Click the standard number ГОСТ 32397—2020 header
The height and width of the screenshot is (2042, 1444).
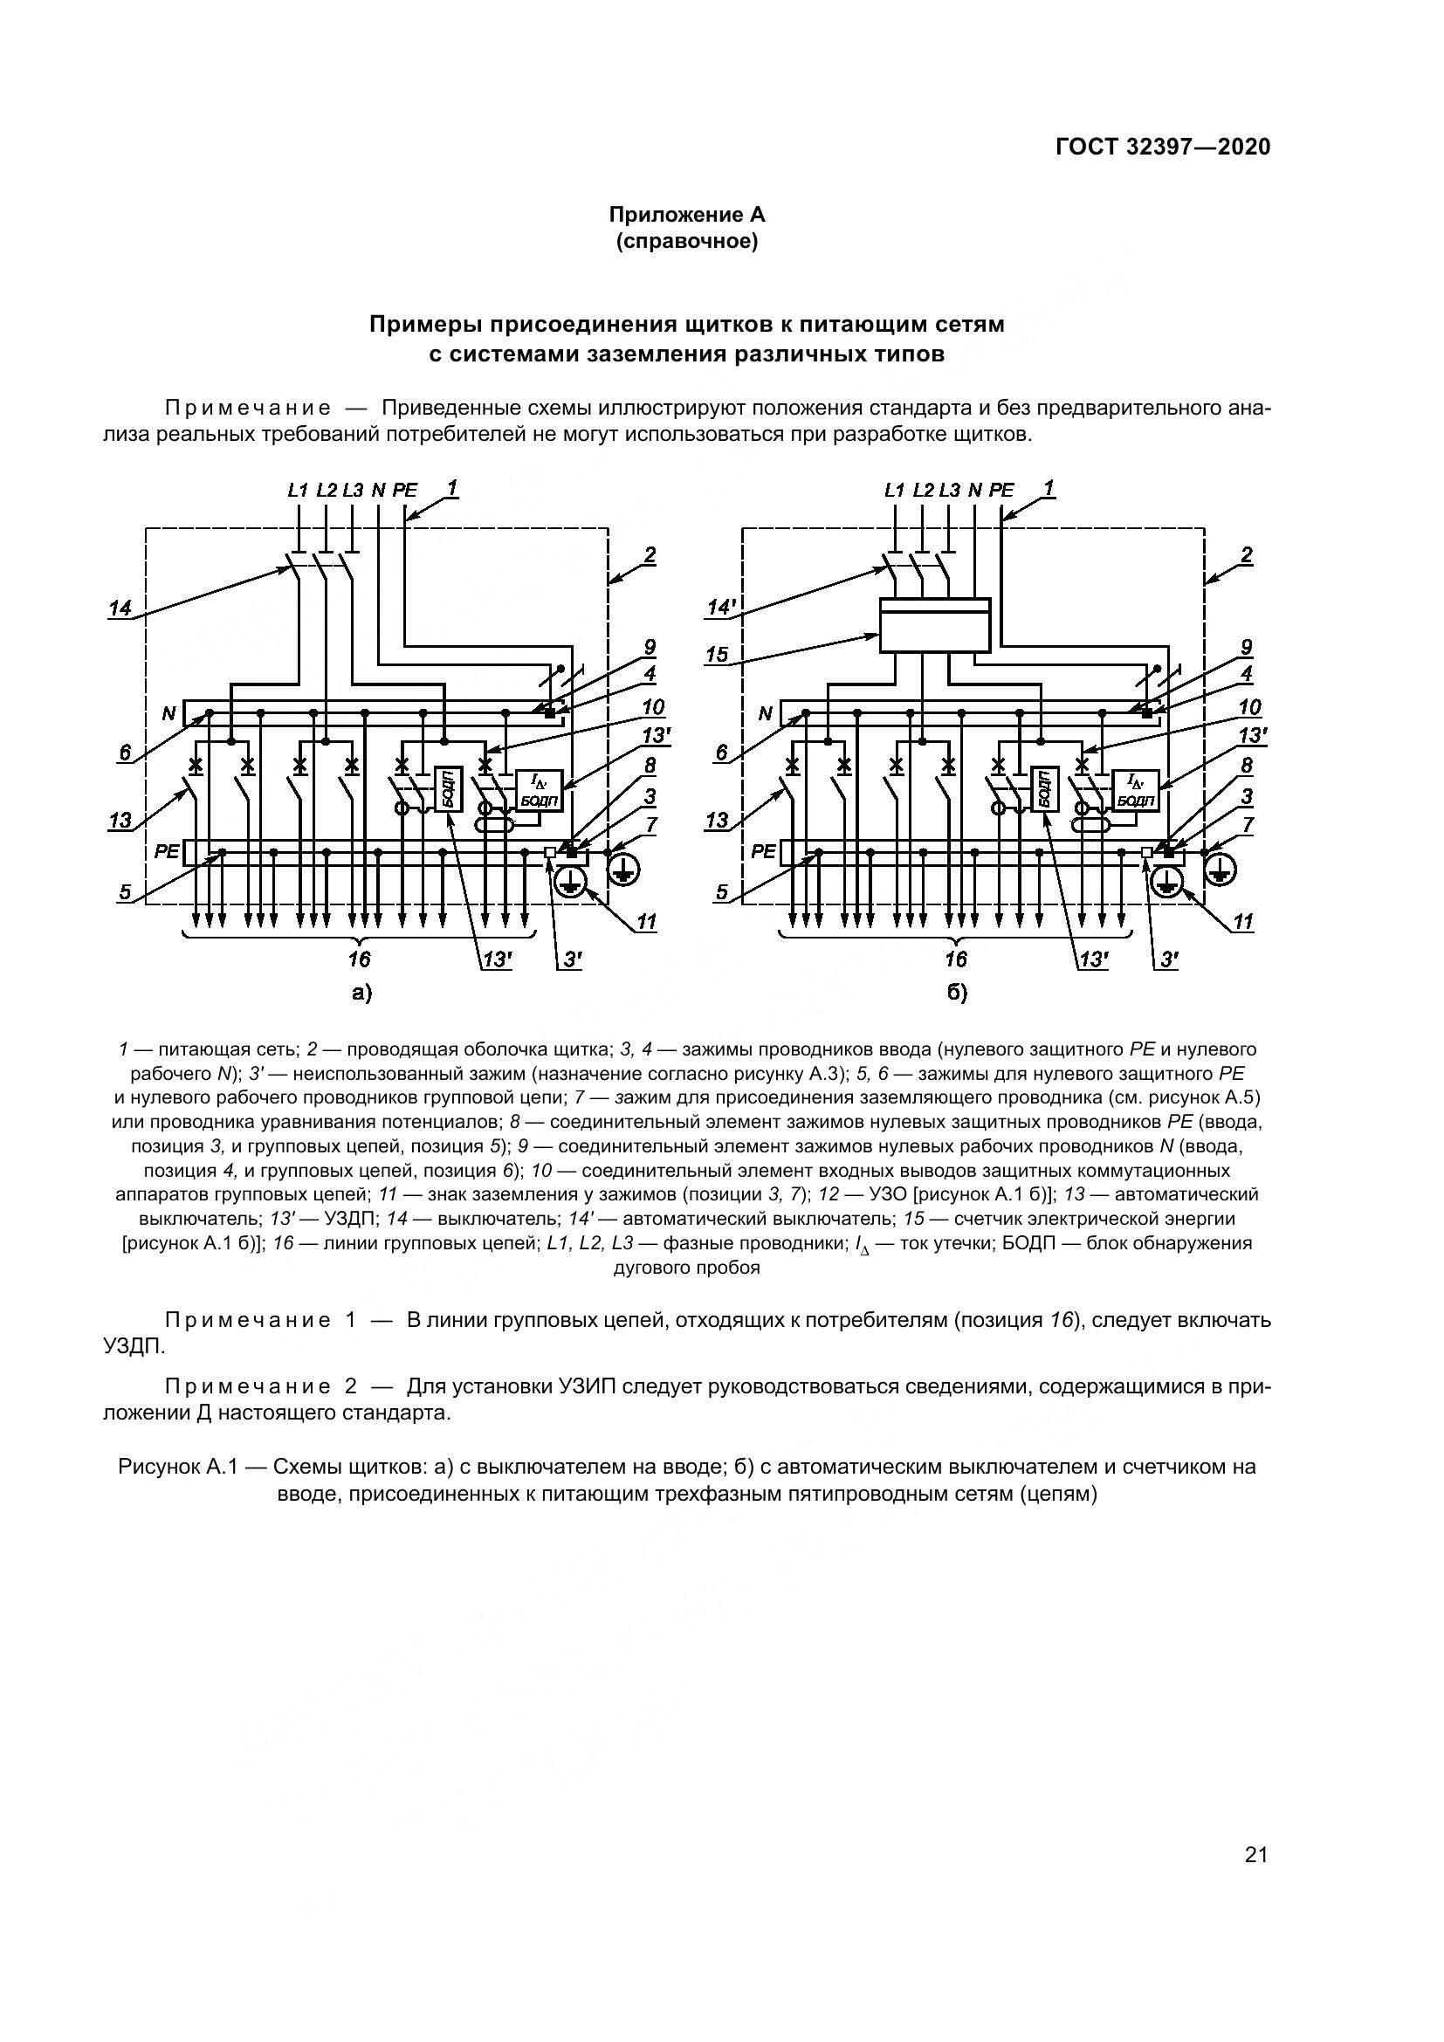coord(1163,148)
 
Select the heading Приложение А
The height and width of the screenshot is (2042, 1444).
coord(686,216)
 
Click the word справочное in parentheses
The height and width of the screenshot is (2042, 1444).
coord(686,242)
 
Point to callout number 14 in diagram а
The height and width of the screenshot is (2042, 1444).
coord(120,608)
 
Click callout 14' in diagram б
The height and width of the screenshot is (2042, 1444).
coord(719,608)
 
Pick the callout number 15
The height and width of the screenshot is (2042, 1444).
coord(717,655)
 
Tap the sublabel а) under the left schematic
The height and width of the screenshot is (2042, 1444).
coord(360,993)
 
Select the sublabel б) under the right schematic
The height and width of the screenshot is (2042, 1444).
coord(956,993)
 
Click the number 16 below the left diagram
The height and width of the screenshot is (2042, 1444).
coord(359,959)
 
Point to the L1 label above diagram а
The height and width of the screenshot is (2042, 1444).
coord(297,490)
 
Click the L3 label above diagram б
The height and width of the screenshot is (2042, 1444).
coord(949,490)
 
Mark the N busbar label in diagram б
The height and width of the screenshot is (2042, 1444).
coord(765,713)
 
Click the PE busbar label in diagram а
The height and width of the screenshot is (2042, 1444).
coord(167,852)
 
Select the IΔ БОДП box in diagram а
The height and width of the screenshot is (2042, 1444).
coord(539,790)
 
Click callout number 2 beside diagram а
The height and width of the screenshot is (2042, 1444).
coord(650,556)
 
